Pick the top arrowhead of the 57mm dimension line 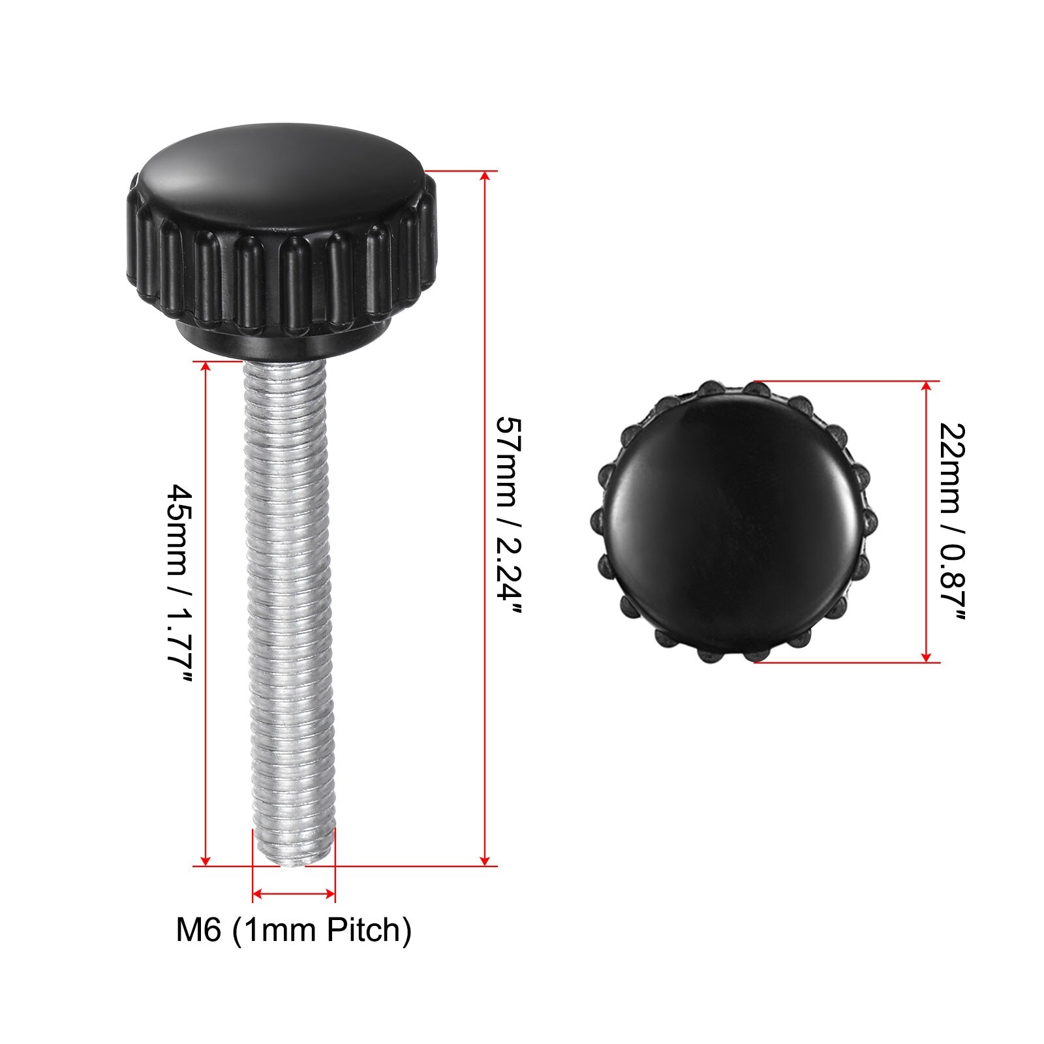click(484, 177)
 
